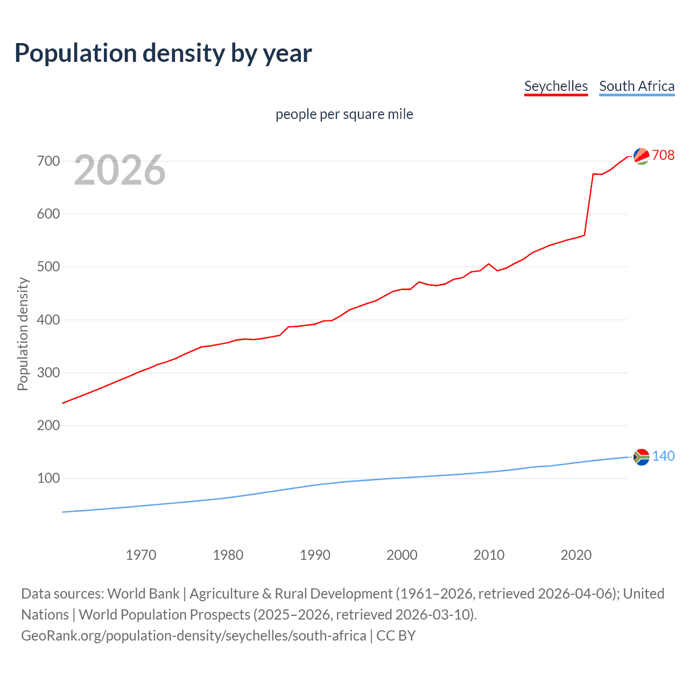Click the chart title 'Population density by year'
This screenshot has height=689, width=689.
163,53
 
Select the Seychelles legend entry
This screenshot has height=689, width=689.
556,86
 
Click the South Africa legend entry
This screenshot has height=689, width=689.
637,86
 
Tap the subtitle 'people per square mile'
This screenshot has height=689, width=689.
344,114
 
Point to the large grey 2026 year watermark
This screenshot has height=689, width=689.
119,170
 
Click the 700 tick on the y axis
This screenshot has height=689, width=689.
48,161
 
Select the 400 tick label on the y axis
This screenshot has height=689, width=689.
48,320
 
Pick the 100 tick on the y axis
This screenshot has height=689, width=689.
48,478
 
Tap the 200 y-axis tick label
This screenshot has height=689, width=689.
48,425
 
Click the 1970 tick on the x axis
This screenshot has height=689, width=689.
141,554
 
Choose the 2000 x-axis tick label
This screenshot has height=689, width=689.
402,554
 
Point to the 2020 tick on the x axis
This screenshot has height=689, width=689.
576,554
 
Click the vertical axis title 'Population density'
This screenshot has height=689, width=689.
23,334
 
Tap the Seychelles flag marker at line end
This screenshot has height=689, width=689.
641,156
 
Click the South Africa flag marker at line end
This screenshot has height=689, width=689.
641,457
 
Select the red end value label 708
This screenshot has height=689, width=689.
663,155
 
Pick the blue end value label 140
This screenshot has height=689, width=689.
663,456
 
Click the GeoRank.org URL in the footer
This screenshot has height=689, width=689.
194,636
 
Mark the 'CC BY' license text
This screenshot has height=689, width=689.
396,636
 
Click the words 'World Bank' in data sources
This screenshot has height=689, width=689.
143,594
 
